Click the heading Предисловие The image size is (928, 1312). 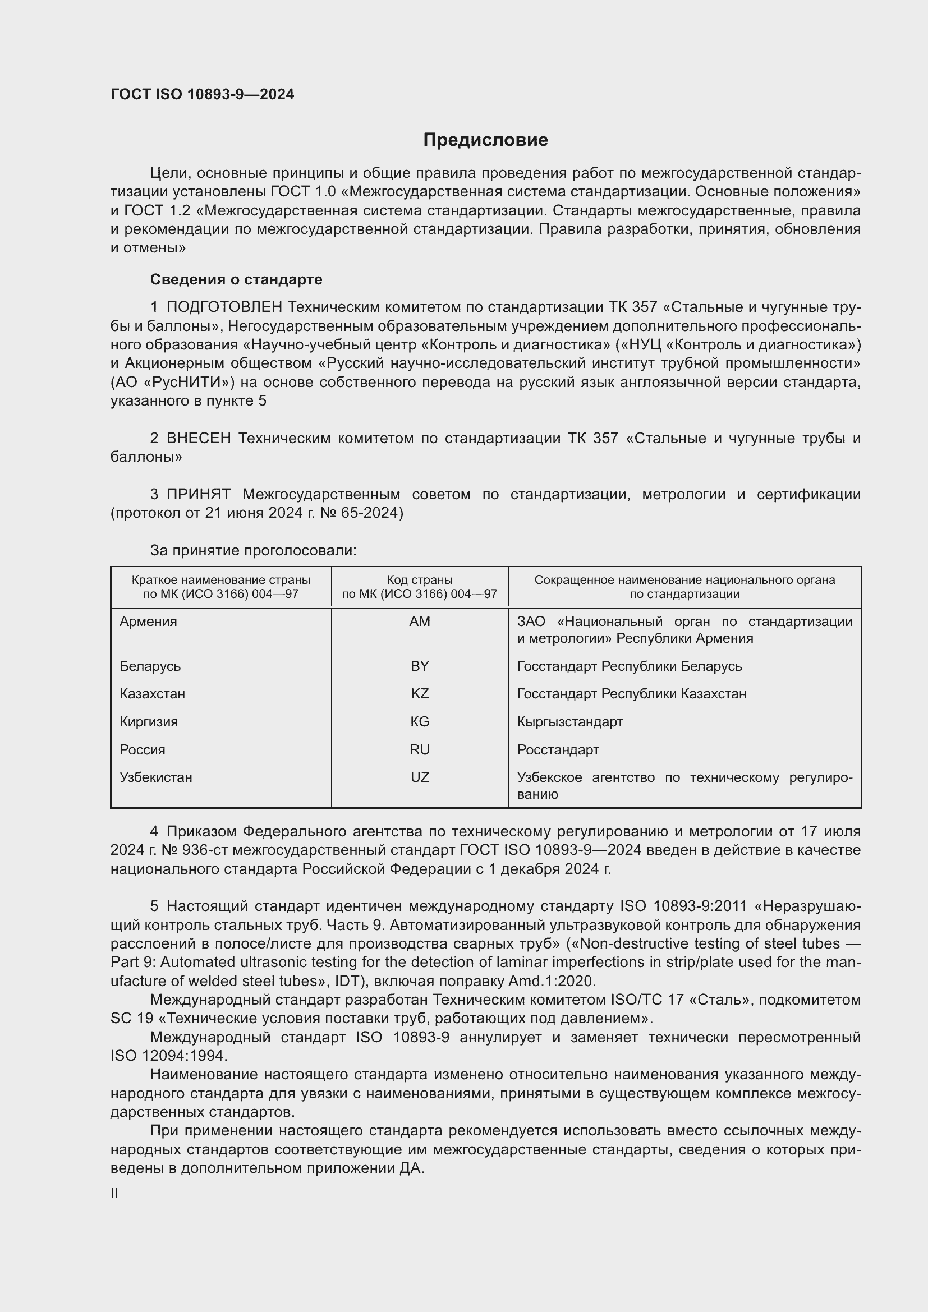[x=485, y=140]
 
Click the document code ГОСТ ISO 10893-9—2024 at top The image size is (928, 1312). [x=203, y=95]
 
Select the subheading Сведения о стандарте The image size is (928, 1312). [x=236, y=279]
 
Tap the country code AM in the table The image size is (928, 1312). [x=420, y=621]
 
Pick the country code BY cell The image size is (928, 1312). [x=420, y=666]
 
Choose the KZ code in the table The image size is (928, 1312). [x=420, y=694]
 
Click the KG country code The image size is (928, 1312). [x=420, y=722]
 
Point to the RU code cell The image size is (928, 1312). [x=420, y=750]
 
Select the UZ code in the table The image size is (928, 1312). [x=420, y=777]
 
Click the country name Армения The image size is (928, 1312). [x=148, y=621]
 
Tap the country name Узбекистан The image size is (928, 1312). [x=155, y=777]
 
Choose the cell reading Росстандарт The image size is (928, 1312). [x=558, y=750]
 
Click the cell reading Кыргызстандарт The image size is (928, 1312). [x=569, y=722]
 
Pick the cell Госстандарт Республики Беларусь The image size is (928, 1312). [x=629, y=666]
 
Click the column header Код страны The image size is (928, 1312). [x=420, y=580]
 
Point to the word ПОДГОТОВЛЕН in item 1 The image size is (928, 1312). [x=224, y=307]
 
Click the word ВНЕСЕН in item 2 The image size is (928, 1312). [x=198, y=438]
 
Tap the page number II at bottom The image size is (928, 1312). [x=114, y=1193]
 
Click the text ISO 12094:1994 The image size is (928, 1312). [x=168, y=1056]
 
